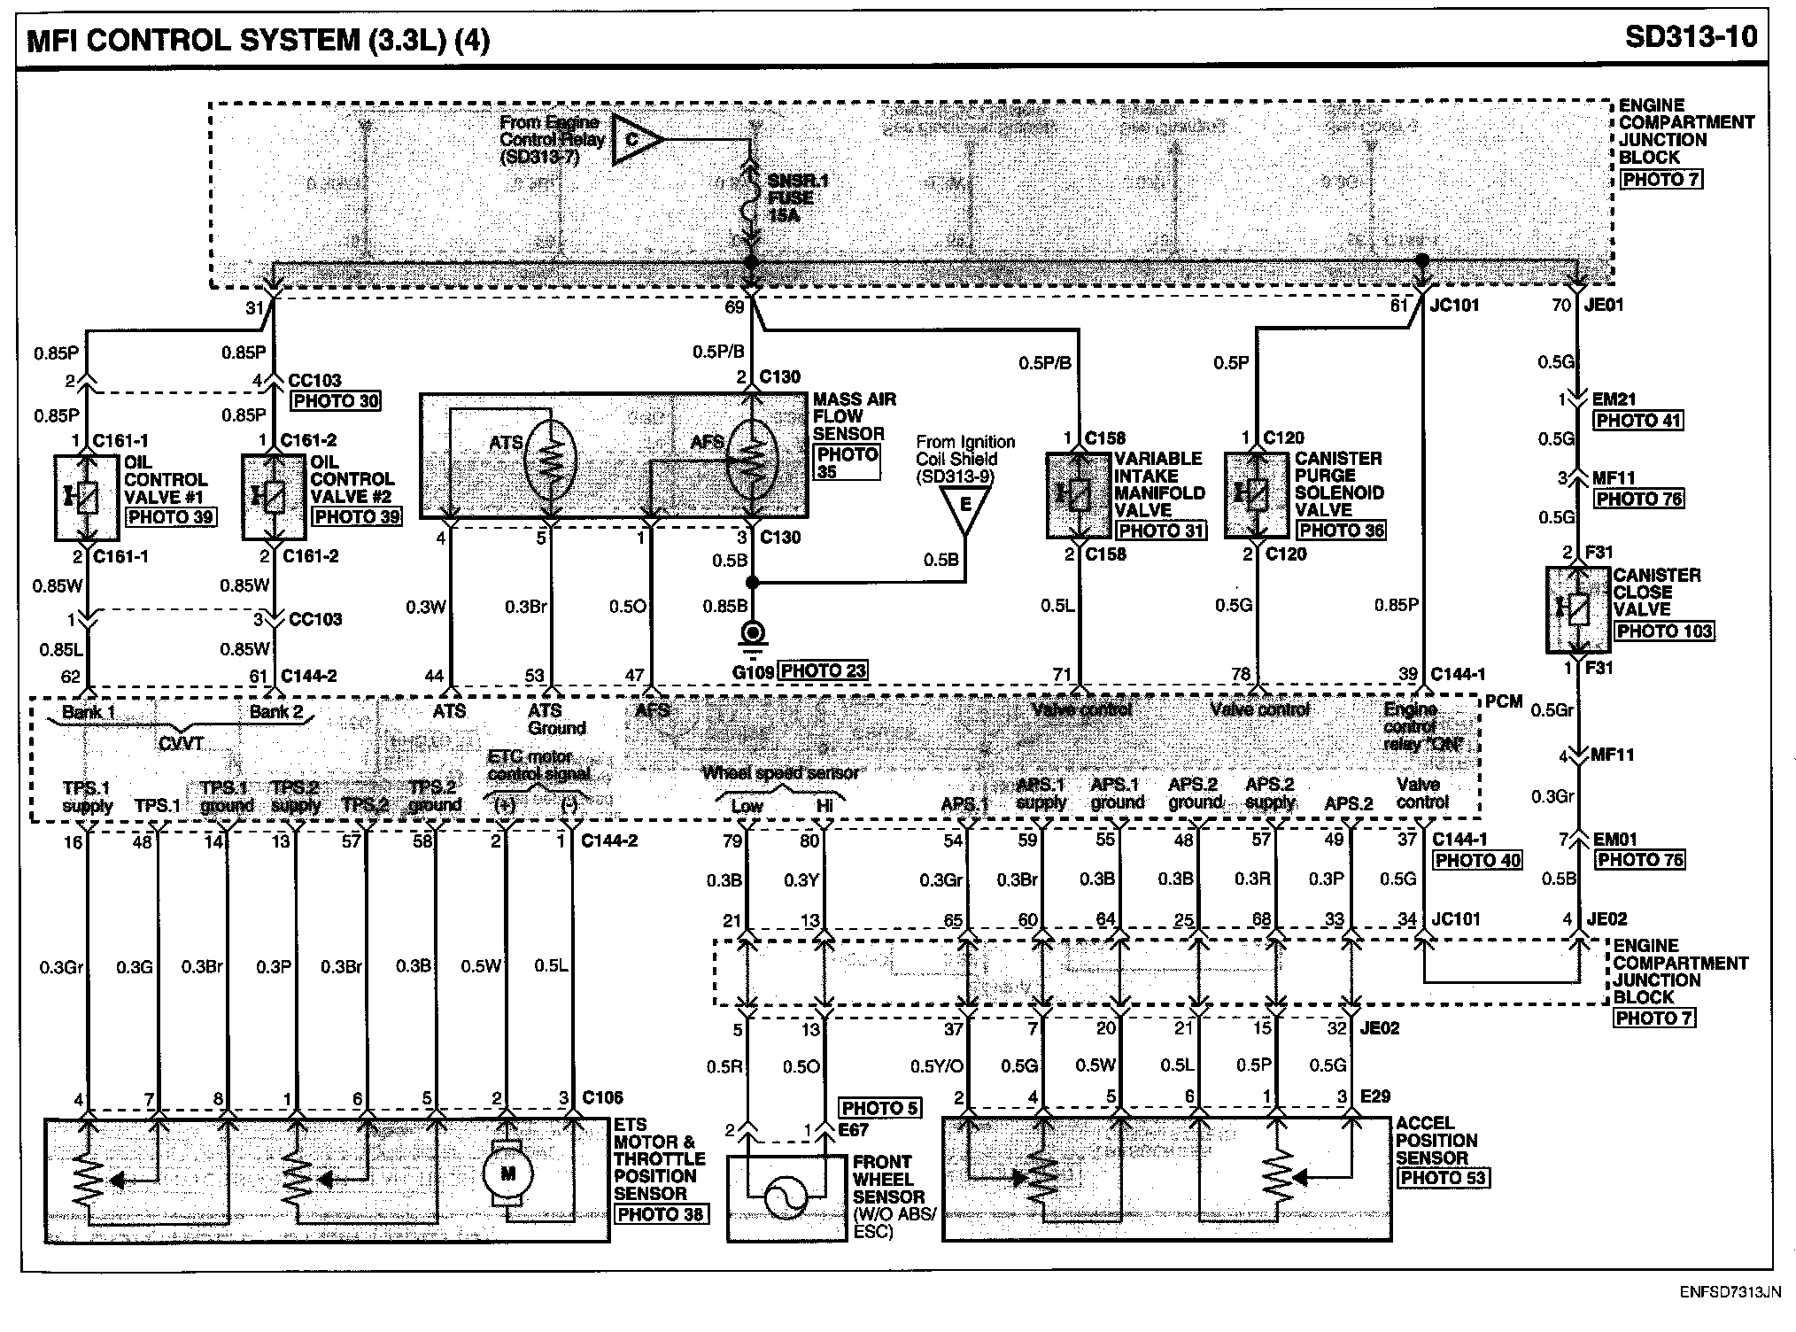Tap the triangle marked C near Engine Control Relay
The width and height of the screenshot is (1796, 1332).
635,140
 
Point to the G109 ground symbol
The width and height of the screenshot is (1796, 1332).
753,635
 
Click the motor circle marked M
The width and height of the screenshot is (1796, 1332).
507,1173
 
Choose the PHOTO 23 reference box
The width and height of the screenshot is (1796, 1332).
824,671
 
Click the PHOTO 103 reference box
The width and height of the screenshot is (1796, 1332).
1664,631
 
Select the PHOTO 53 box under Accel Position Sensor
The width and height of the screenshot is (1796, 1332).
1443,1178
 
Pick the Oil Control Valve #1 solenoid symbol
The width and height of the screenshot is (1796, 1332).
86,498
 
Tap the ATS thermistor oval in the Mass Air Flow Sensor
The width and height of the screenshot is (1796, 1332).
550,458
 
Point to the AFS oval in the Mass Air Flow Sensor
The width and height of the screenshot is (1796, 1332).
751,458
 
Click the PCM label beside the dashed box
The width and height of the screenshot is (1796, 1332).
1503,701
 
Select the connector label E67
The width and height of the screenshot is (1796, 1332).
855,1130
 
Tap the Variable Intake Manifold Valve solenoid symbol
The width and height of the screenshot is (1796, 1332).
1078,495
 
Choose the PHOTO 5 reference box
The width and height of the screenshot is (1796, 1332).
879,1108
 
